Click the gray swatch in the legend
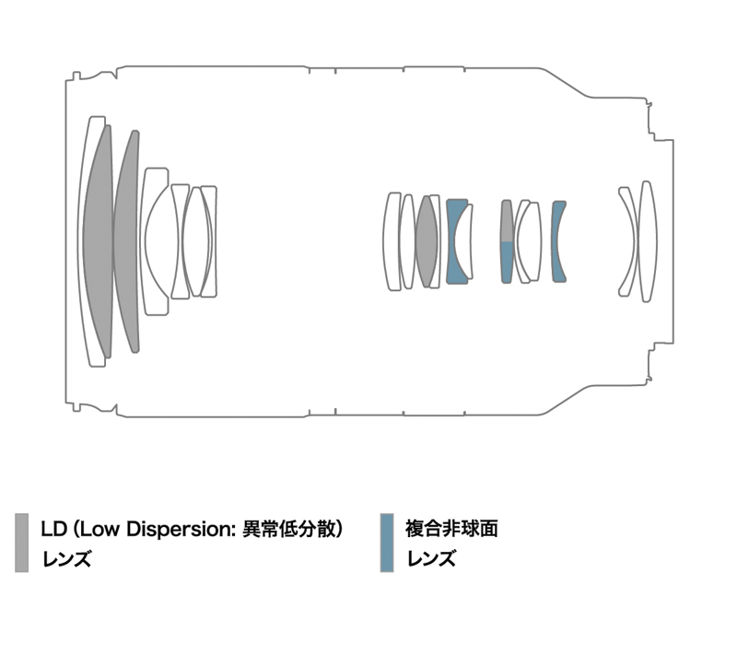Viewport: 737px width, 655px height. coord(21,543)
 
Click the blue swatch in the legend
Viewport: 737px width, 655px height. coord(387,543)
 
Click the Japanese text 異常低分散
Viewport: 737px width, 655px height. coord(288,530)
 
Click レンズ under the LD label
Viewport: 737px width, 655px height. coord(65,558)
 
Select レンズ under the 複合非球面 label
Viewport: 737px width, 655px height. coord(430,558)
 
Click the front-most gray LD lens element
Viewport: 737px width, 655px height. coord(97,240)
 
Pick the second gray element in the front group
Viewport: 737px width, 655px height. coord(126,241)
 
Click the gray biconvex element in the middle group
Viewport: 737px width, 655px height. coord(426,241)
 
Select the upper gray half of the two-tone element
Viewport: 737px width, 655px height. coord(507,221)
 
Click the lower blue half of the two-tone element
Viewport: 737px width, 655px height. coord(507,262)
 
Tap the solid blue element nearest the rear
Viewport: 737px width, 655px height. coord(556,241)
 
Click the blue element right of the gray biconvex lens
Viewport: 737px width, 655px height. coord(453,241)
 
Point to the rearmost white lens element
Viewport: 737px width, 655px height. coord(648,241)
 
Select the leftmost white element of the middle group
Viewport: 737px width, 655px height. coord(392,241)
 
